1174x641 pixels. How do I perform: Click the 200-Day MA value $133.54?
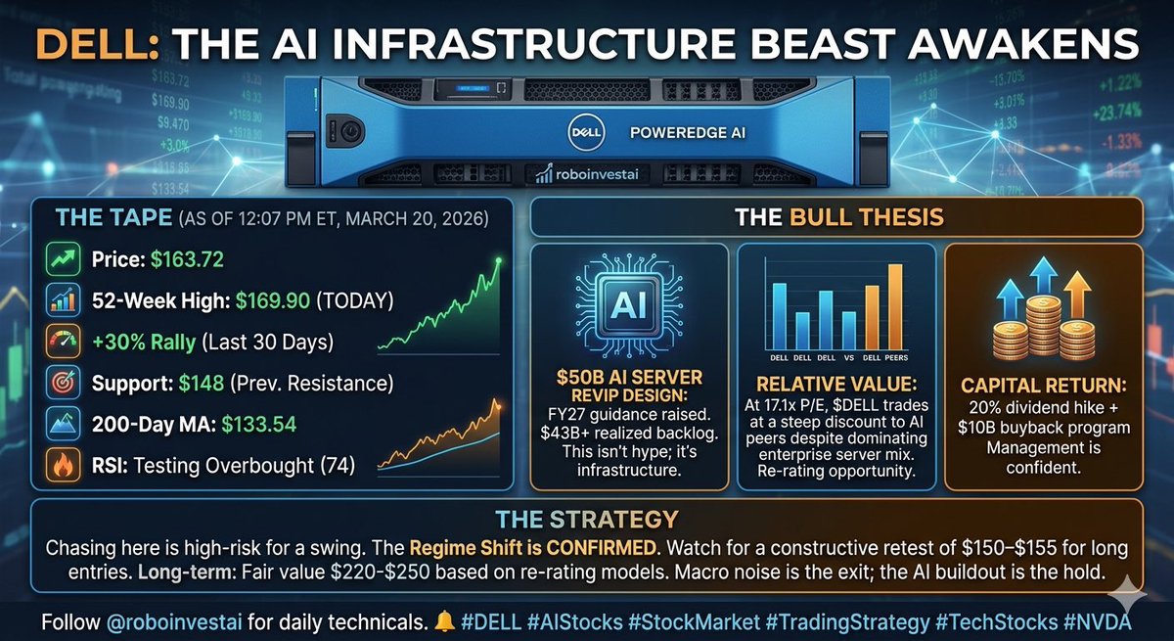[258, 426]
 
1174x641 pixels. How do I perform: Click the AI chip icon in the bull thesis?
[629, 303]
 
